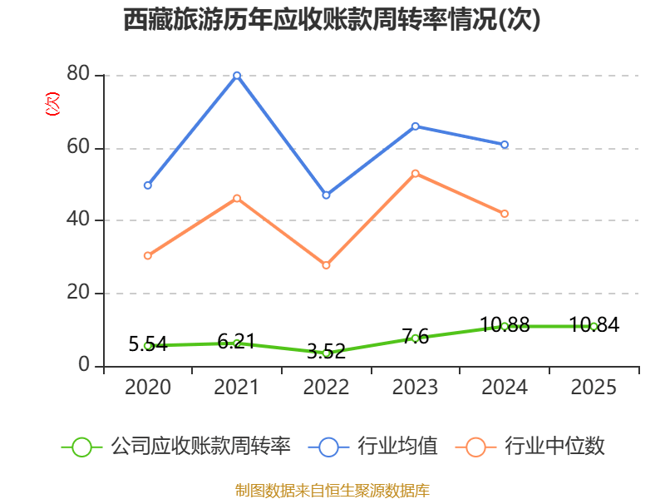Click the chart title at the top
(332, 20)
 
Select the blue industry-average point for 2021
(237, 75)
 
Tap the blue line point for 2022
(326, 195)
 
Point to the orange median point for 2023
(416, 173)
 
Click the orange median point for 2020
(147, 255)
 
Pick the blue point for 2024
(505, 145)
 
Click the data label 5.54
(148, 343)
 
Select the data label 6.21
(237, 341)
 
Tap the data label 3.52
(326, 351)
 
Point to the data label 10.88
(505, 325)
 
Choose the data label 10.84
(594, 325)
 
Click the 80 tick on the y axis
(79, 75)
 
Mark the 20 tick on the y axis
(79, 294)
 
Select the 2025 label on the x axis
(594, 388)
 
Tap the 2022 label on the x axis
(326, 388)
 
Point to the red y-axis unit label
(52, 105)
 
